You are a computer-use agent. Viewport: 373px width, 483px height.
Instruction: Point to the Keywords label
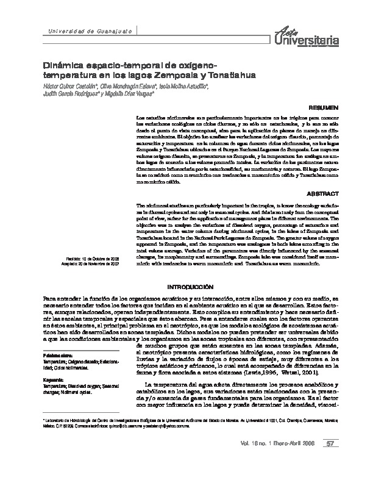[53, 379]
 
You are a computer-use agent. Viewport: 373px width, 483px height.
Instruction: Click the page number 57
[329, 460]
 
